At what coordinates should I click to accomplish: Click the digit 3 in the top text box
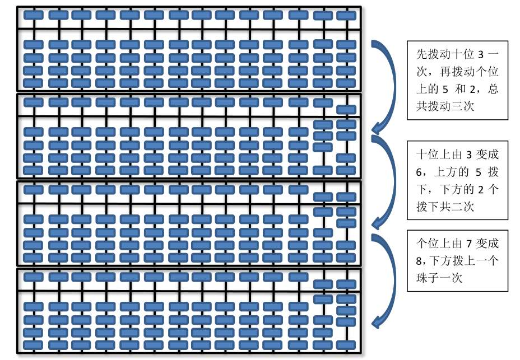(x=481, y=55)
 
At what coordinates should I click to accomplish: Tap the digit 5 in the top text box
(x=445, y=89)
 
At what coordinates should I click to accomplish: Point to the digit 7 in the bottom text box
(x=469, y=244)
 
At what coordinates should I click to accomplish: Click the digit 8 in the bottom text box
(x=419, y=261)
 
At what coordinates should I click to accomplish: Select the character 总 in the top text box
(x=493, y=89)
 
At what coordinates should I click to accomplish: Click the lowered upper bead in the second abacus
(x=346, y=109)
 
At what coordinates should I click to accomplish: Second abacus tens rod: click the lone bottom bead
(x=323, y=170)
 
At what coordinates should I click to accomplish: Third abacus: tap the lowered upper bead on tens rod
(x=323, y=197)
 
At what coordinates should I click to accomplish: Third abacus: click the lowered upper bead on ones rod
(x=346, y=197)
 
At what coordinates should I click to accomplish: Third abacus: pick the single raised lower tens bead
(x=323, y=212)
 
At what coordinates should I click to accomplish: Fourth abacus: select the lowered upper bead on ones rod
(x=346, y=284)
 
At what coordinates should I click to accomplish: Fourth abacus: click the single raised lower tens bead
(x=323, y=299)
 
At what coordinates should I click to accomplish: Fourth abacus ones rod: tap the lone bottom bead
(x=346, y=345)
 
